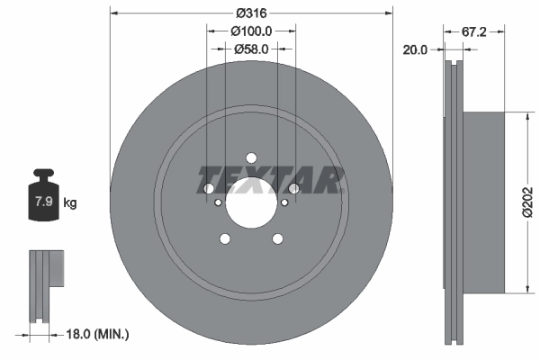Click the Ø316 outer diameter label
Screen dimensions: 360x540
(251, 13)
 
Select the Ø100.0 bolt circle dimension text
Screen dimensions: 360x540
(251, 31)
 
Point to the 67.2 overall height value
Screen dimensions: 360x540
(475, 31)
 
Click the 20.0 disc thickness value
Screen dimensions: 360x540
(414, 50)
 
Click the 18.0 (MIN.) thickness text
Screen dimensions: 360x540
(99, 334)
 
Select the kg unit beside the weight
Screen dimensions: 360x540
(70, 202)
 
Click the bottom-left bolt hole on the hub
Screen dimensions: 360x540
(224, 238)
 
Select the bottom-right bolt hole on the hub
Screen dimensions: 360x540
(278, 238)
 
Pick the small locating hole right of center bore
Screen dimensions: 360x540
(284, 202)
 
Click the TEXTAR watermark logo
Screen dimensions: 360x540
(270, 180)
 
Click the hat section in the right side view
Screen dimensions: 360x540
(486, 202)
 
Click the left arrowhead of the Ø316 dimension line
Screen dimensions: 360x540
(112, 13)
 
